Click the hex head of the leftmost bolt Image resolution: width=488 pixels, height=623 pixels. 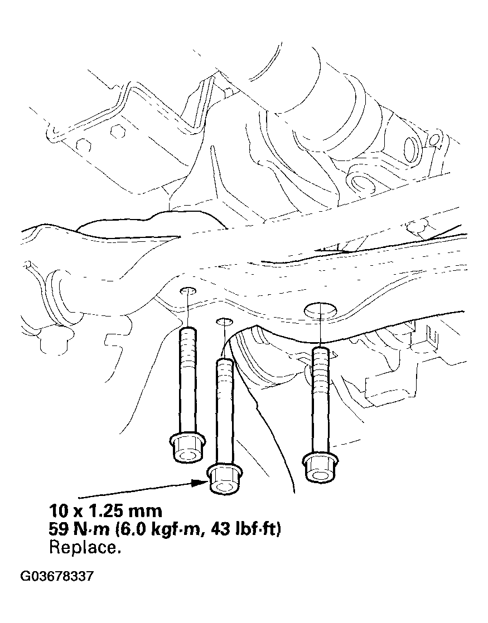pos(187,447)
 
